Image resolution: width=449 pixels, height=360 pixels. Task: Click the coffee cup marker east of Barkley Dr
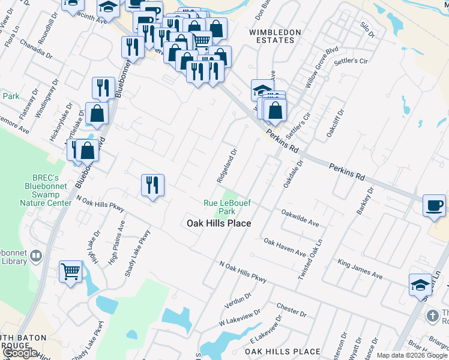click(434, 206)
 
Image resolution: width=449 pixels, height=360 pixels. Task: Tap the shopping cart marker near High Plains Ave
click(71, 272)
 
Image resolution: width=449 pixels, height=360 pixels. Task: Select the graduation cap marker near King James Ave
click(420, 284)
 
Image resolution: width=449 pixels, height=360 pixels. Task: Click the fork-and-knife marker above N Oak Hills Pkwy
click(152, 184)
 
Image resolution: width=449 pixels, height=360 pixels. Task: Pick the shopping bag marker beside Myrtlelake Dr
click(97, 112)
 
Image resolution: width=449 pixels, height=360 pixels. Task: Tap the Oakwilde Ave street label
click(300, 217)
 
